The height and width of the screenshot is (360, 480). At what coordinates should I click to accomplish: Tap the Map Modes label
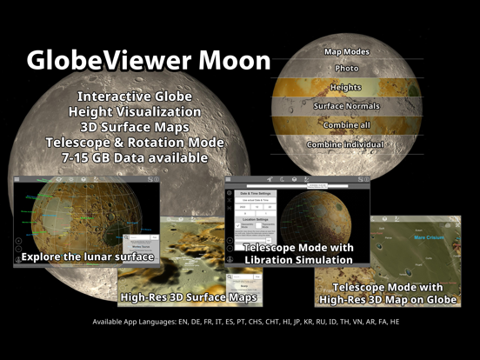point(347,52)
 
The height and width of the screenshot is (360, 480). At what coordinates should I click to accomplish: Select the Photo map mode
point(347,69)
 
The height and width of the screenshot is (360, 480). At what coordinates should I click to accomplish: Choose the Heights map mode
point(347,87)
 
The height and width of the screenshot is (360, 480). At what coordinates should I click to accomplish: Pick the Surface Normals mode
point(347,106)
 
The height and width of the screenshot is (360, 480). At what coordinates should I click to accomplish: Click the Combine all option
point(347,125)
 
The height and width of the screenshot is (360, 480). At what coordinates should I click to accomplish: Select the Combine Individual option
point(347,143)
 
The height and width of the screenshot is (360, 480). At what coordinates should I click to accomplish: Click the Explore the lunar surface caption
point(88,257)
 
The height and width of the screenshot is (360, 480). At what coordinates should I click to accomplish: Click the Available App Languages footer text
point(246,322)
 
